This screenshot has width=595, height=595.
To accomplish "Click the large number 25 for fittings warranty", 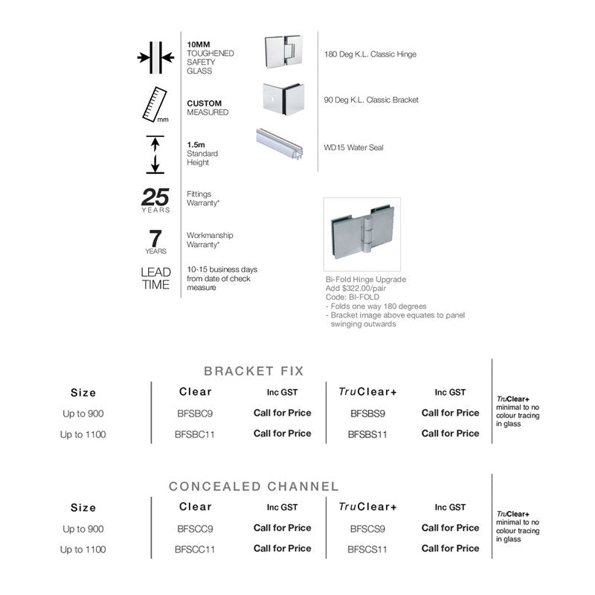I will (155, 197).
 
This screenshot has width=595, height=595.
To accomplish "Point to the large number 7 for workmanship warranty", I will (155, 239).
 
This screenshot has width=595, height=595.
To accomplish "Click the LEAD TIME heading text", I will (155, 278).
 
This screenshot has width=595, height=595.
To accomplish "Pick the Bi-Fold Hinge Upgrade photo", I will (362, 234).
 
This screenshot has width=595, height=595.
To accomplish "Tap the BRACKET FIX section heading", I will (254, 370).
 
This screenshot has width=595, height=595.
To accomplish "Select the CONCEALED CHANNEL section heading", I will (254, 486).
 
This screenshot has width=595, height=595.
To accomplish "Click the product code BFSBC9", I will (195, 414).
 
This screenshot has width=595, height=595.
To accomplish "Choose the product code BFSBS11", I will (367, 434).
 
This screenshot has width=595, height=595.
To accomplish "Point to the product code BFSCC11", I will (195, 550).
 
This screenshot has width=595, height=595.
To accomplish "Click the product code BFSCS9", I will (367, 529).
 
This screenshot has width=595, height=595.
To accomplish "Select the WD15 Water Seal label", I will (354, 147).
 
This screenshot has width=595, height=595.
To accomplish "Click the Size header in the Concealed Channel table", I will (83, 508).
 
